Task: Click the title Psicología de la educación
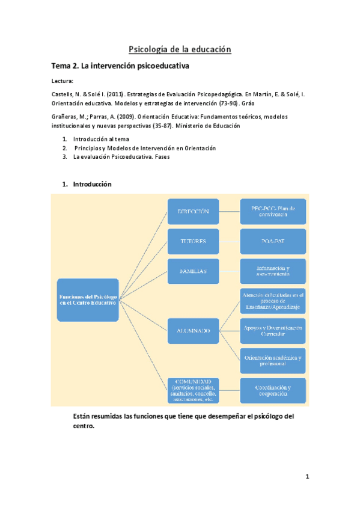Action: (x=180, y=49)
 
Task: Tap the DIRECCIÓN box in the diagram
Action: (x=193, y=211)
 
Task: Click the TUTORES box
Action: (x=193, y=241)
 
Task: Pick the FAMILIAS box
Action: (x=193, y=271)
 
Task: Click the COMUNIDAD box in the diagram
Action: (x=193, y=390)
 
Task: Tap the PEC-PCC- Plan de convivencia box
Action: (x=273, y=211)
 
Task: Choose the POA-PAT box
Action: (x=273, y=241)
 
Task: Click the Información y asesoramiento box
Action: (x=273, y=271)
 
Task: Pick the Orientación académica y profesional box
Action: (x=273, y=360)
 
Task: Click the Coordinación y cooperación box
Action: (x=273, y=390)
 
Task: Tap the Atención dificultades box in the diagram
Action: (x=273, y=301)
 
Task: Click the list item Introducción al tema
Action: (x=100, y=139)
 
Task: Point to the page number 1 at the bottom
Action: (x=307, y=477)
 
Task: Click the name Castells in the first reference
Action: (x=56, y=94)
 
